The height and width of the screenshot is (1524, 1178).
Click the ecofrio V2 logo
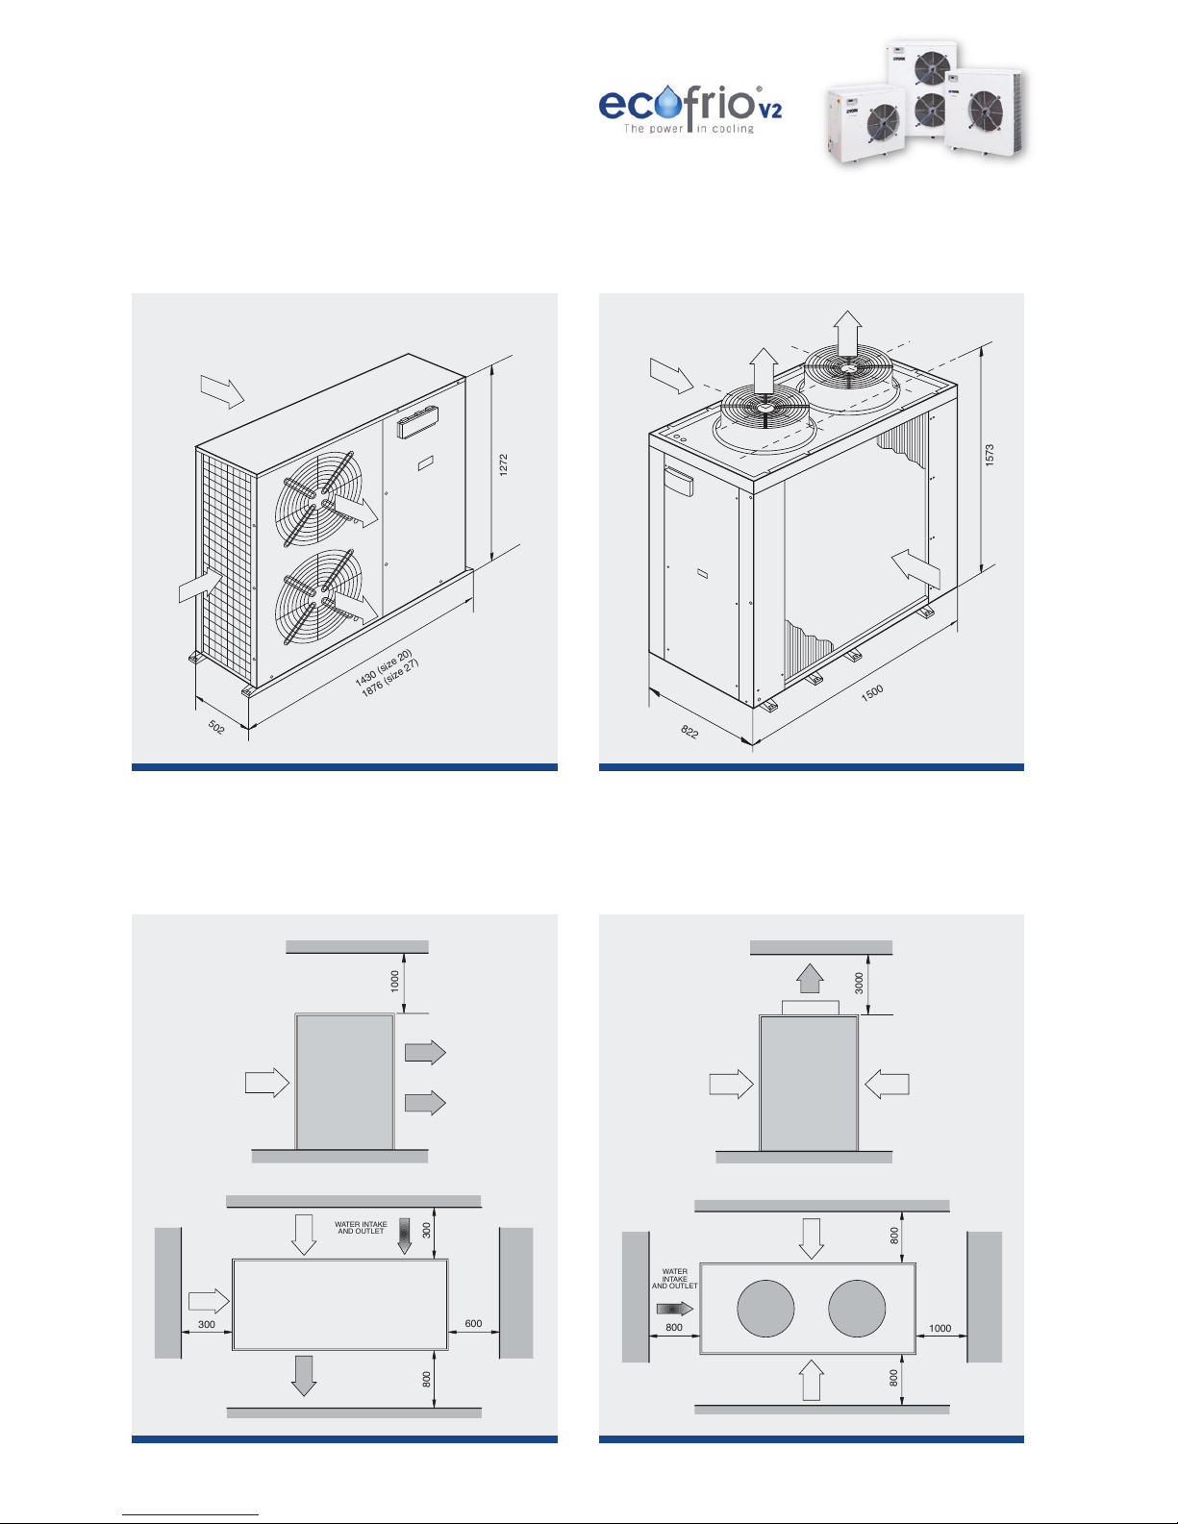[x=690, y=109]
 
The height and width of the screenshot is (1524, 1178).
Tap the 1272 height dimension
[x=503, y=465]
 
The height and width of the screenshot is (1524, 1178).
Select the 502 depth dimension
[x=216, y=727]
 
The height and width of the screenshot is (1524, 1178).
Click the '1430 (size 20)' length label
[x=383, y=667]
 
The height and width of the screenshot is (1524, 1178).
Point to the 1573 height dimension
[x=990, y=455]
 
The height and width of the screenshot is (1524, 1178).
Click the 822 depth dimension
[x=689, y=732]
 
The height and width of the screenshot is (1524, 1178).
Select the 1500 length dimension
[x=871, y=693]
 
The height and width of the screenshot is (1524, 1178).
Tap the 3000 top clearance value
[x=859, y=983]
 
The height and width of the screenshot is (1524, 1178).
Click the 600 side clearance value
[x=473, y=1323]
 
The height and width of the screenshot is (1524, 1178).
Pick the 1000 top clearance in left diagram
[x=395, y=981]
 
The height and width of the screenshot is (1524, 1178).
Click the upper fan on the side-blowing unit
[x=319, y=498]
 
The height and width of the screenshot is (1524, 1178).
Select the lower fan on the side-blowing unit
[x=319, y=597]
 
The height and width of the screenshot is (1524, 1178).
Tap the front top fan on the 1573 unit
[x=764, y=408]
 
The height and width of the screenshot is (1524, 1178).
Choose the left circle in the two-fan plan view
[x=765, y=1309]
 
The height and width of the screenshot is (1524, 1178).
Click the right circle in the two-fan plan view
[x=857, y=1309]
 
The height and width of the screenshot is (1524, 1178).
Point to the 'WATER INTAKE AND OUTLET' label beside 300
[x=362, y=1227]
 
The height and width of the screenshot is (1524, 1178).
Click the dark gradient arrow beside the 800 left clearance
[x=674, y=1309]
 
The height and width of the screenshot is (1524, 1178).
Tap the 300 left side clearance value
[x=206, y=1324]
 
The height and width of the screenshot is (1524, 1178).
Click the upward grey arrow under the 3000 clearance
[x=810, y=978]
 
